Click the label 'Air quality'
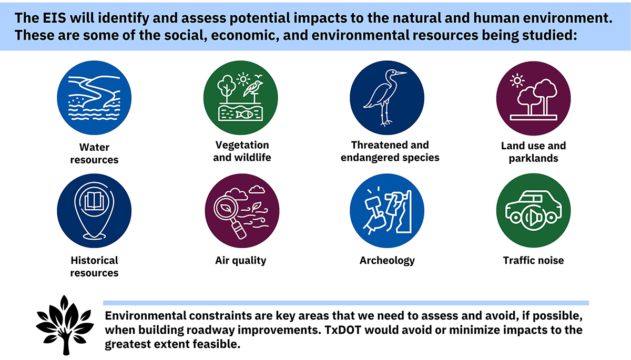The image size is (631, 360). pyautogui.click(x=240, y=260)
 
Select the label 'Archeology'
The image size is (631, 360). pyautogui.click(x=387, y=260)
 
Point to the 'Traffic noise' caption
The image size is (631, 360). pyautogui.click(x=533, y=260)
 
